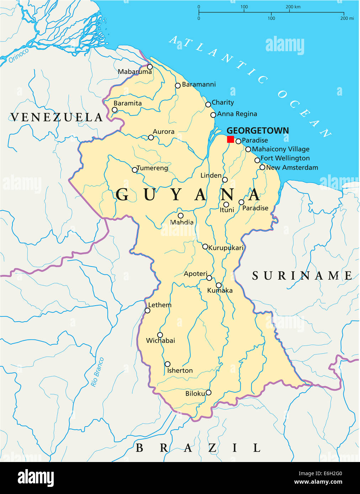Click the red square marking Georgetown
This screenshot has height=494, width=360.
pyautogui.click(x=231, y=139)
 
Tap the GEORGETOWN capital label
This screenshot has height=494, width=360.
pyautogui.click(x=258, y=130)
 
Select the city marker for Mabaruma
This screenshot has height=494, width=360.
pyautogui.click(x=150, y=67)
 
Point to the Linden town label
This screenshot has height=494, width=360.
pyautogui.click(x=211, y=175)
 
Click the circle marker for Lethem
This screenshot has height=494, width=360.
pyautogui.click(x=147, y=311)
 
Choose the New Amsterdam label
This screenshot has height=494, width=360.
pyautogui.click(x=292, y=167)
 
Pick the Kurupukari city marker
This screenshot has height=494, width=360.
pyautogui.click(x=205, y=247)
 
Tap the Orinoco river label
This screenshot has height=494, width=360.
pyautogui.click(x=18, y=56)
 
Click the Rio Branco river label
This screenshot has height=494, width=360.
pyautogui.click(x=97, y=372)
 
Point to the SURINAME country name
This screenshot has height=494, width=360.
pyautogui.click(x=302, y=275)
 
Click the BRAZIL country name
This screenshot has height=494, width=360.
pyautogui.click(x=198, y=448)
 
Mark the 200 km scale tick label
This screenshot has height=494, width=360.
pyautogui.click(x=293, y=7)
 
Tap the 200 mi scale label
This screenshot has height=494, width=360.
pyautogui.click(x=347, y=18)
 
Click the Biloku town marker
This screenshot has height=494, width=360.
pyautogui.click(x=208, y=392)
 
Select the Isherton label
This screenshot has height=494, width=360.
pyautogui.click(x=180, y=370)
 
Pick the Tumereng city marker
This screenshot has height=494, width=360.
pyautogui.click(x=134, y=170)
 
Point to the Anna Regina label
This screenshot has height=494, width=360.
pyautogui.click(x=237, y=114)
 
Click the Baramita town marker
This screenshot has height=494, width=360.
pyautogui.click(x=115, y=110)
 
